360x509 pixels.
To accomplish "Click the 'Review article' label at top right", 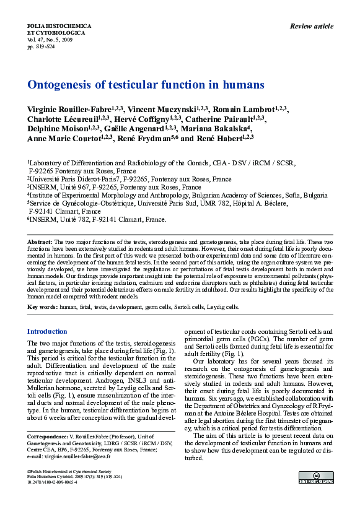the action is [x=311, y=26].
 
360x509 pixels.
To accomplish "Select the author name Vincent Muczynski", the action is [x=162, y=110].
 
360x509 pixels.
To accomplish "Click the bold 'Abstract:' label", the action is [x=40, y=240].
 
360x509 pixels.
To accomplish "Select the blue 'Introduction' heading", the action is [x=47, y=331].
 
